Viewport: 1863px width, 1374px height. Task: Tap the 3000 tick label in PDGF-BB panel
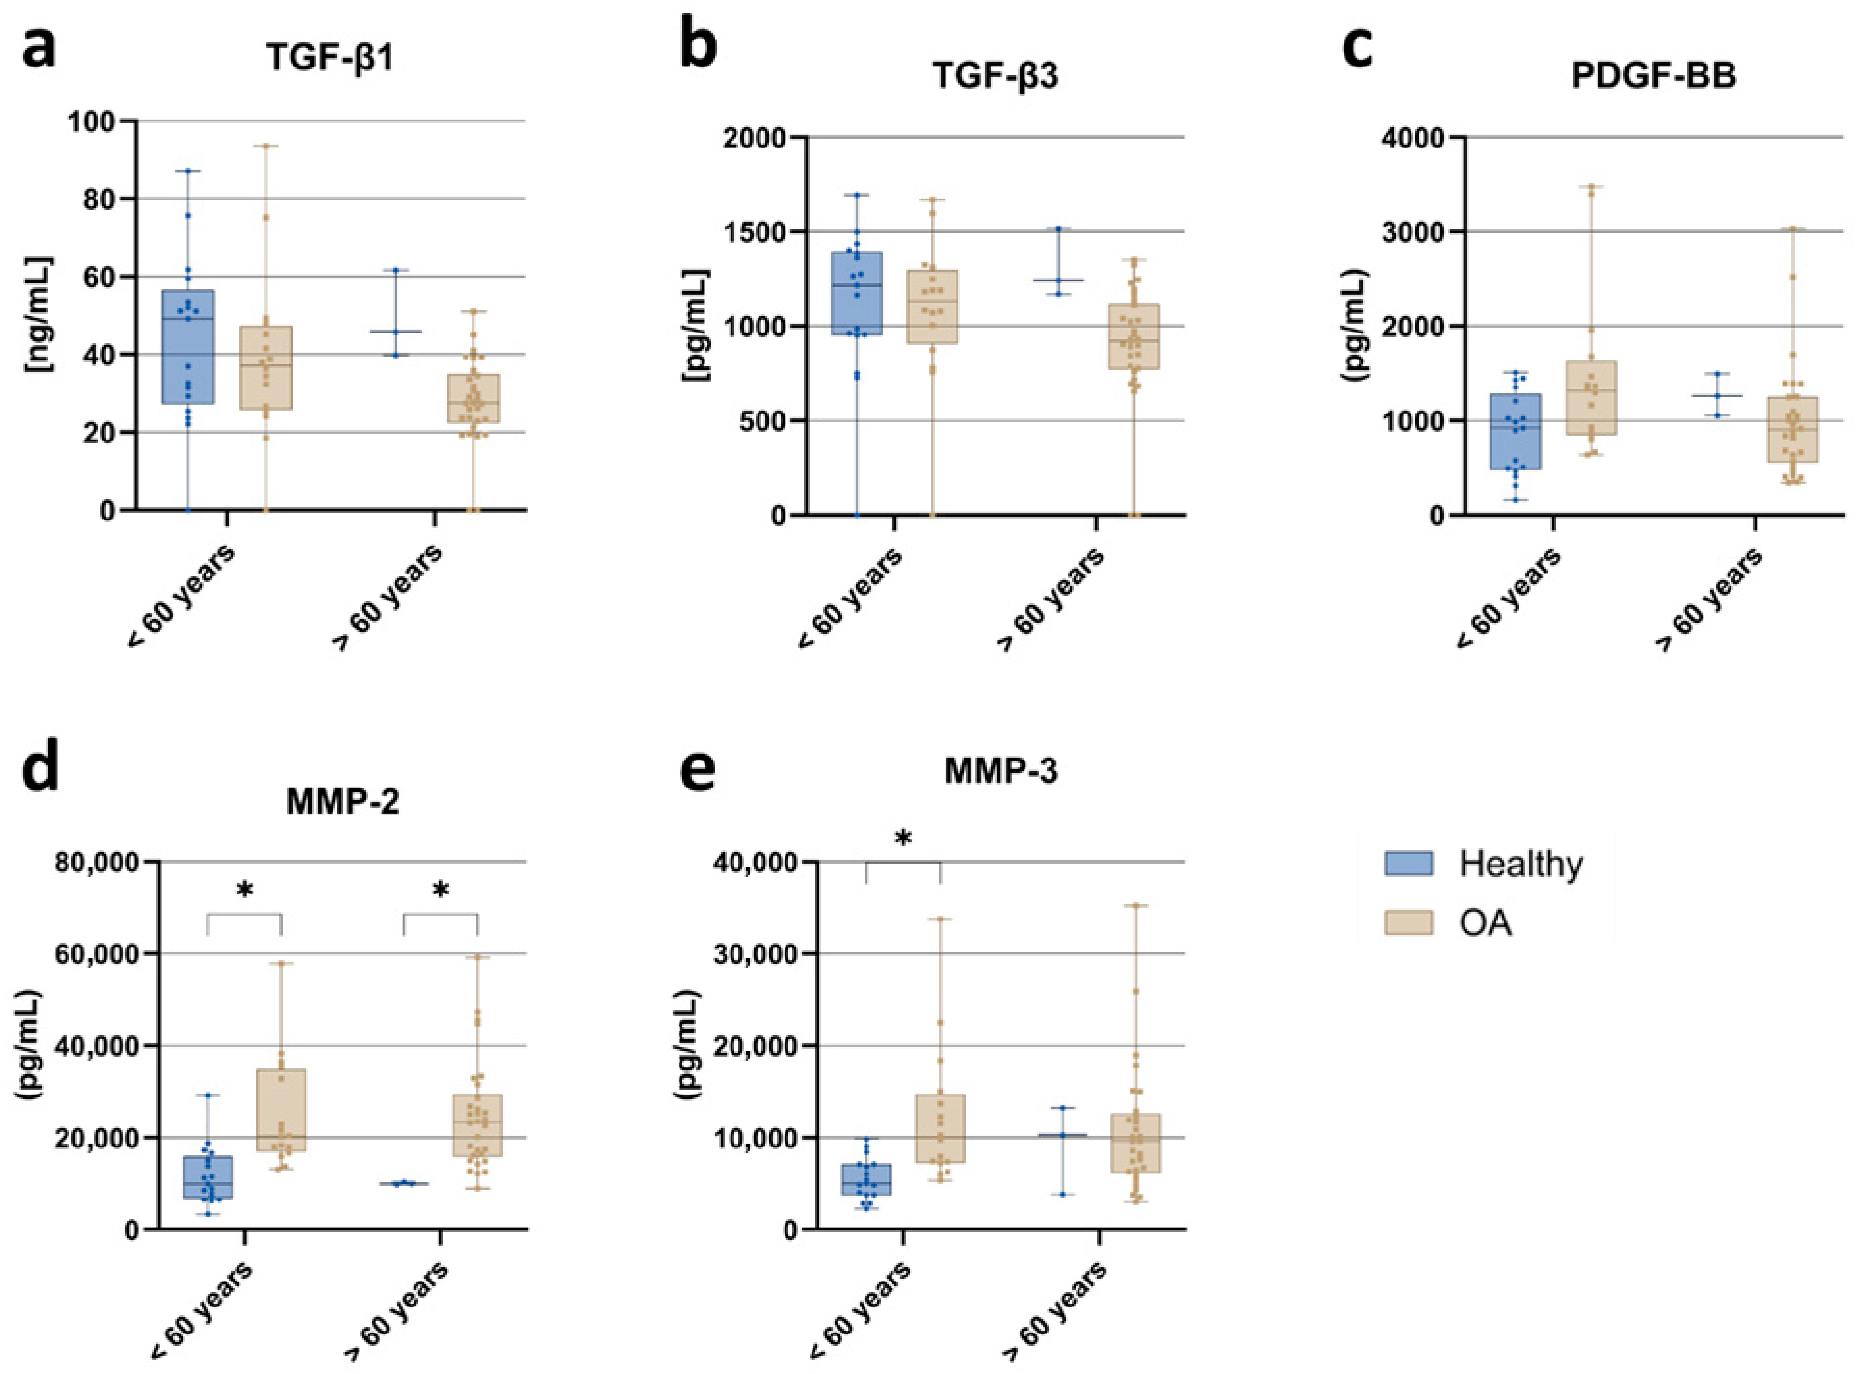click(x=1409, y=232)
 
